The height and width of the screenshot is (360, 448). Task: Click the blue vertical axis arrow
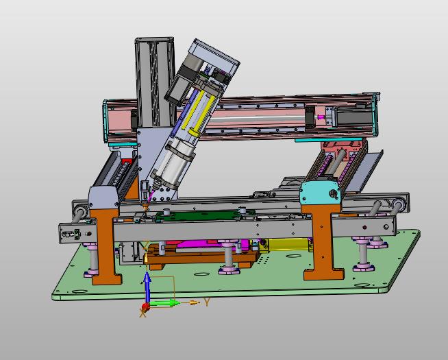(147, 287)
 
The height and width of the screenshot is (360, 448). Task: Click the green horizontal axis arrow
(164, 303)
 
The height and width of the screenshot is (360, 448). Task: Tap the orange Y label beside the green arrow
(207, 302)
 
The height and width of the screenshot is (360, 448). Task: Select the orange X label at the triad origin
(142, 313)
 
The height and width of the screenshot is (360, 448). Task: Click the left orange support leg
(105, 246)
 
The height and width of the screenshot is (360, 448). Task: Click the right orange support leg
(323, 243)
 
